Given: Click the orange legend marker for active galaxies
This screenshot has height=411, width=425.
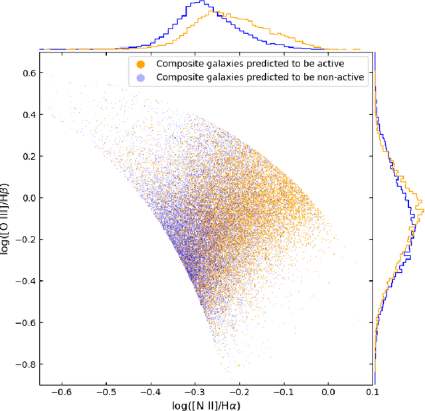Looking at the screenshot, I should (140, 64).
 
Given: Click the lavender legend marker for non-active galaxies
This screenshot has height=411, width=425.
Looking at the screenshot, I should (140, 77).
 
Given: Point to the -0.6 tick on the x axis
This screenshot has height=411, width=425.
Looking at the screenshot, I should (62, 392).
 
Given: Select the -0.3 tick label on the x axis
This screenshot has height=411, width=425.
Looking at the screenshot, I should (195, 392).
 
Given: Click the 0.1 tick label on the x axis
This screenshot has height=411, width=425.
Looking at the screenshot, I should (373, 392).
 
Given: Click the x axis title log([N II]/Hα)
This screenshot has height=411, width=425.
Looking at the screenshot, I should (205, 404).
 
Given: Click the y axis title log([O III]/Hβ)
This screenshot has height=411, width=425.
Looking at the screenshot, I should (8, 219).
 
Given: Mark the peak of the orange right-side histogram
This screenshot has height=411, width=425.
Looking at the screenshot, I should (422, 211).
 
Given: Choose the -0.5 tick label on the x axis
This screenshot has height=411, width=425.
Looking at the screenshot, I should (107, 392).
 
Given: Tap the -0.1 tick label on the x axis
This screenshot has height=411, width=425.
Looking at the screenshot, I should (284, 392).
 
